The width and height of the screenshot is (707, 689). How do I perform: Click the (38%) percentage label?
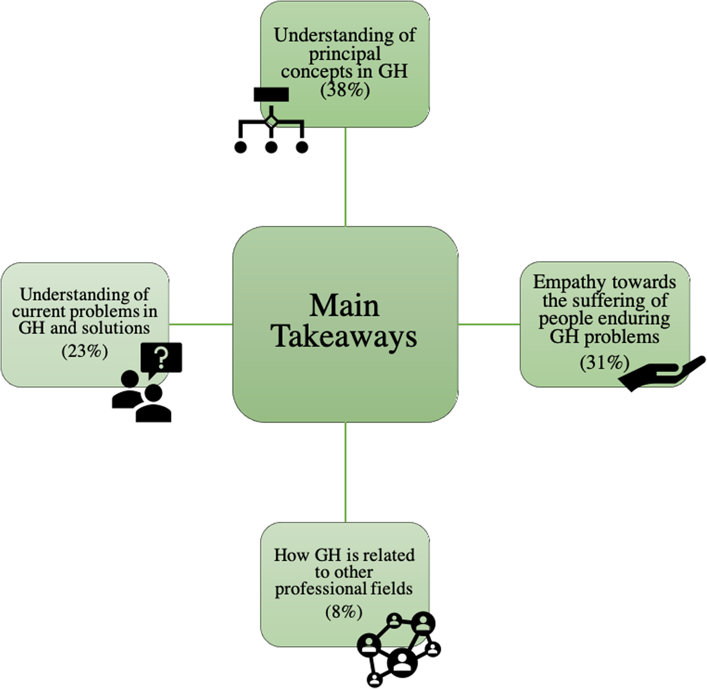point(345,90)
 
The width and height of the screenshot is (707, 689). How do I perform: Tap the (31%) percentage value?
point(604,362)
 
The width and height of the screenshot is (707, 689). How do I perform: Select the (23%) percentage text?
point(85,351)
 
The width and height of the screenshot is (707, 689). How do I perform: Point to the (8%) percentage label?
point(344,611)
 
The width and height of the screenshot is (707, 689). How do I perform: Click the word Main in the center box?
point(344,305)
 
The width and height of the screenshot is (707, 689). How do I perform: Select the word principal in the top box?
point(345,54)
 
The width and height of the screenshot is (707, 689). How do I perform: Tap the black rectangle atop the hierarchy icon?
point(271,94)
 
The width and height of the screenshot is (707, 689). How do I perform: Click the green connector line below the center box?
point(346,472)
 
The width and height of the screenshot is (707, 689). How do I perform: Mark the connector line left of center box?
point(201,324)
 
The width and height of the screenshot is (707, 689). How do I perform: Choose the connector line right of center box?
point(489,324)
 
